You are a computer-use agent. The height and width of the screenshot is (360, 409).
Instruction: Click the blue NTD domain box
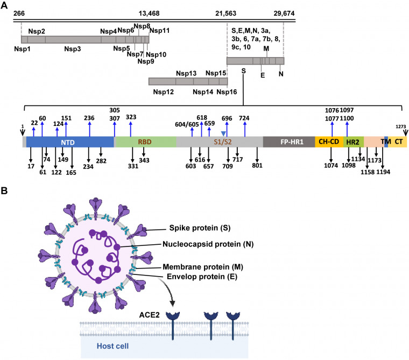pyautogui.click(x=70, y=142)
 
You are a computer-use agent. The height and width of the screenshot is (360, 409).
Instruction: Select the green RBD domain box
pyautogui.click(x=145, y=142)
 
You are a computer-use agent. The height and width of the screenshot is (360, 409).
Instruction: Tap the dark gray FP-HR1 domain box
pyautogui.click(x=289, y=142)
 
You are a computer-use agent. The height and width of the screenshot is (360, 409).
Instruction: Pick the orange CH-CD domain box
pyautogui.click(x=329, y=142)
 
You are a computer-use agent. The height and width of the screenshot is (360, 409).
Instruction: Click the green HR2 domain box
pyautogui.click(x=354, y=142)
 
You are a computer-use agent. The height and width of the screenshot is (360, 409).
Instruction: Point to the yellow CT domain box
pyautogui.click(x=398, y=142)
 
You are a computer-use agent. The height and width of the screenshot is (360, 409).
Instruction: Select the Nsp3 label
pyautogui.click(x=73, y=49)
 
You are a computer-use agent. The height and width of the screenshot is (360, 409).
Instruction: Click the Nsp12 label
pyautogui.click(x=163, y=92)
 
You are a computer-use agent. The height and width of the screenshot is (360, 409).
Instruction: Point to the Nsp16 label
pyautogui.click(x=227, y=92)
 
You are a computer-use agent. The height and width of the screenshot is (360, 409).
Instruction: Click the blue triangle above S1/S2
pyautogui.click(x=223, y=133)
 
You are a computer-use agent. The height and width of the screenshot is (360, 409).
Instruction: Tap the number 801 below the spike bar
pyautogui.click(x=257, y=165)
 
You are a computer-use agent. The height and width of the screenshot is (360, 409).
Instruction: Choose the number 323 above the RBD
pyautogui.click(x=131, y=117)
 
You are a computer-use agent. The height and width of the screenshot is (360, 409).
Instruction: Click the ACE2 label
pyautogui.click(x=149, y=315)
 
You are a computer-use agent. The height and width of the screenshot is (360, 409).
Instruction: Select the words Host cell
pyautogui.click(x=112, y=346)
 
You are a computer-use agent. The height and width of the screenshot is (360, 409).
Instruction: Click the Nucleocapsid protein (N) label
pyautogui.click(x=208, y=244)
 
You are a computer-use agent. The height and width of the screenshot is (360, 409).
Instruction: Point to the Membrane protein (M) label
pyautogui.click(x=203, y=267)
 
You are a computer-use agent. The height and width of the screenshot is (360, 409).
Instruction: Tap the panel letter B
pyautogui.click(x=4, y=190)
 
